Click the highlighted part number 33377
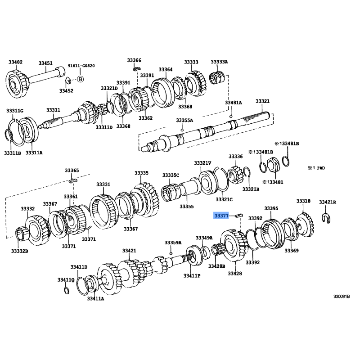click(x=221, y=216)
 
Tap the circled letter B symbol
click(x=80, y=79)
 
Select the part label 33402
click(x=16, y=62)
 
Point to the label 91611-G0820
click(x=81, y=66)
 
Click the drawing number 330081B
click(x=342, y=297)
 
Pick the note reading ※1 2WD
click(x=316, y=168)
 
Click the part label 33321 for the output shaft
click(x=263, y=101)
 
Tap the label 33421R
click(x=328, y=202)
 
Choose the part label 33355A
click(x=184, y=120)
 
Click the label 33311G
click(x=15, y=111)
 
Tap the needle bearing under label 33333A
click(x=217, y=77)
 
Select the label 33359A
click(x=173, y=243)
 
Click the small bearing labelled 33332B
click(x=22, y=234)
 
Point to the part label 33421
click(x=129, y=251)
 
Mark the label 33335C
click(x=171, y=175)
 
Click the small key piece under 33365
click(x=73, y=180)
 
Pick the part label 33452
click(x=66, y=91)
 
